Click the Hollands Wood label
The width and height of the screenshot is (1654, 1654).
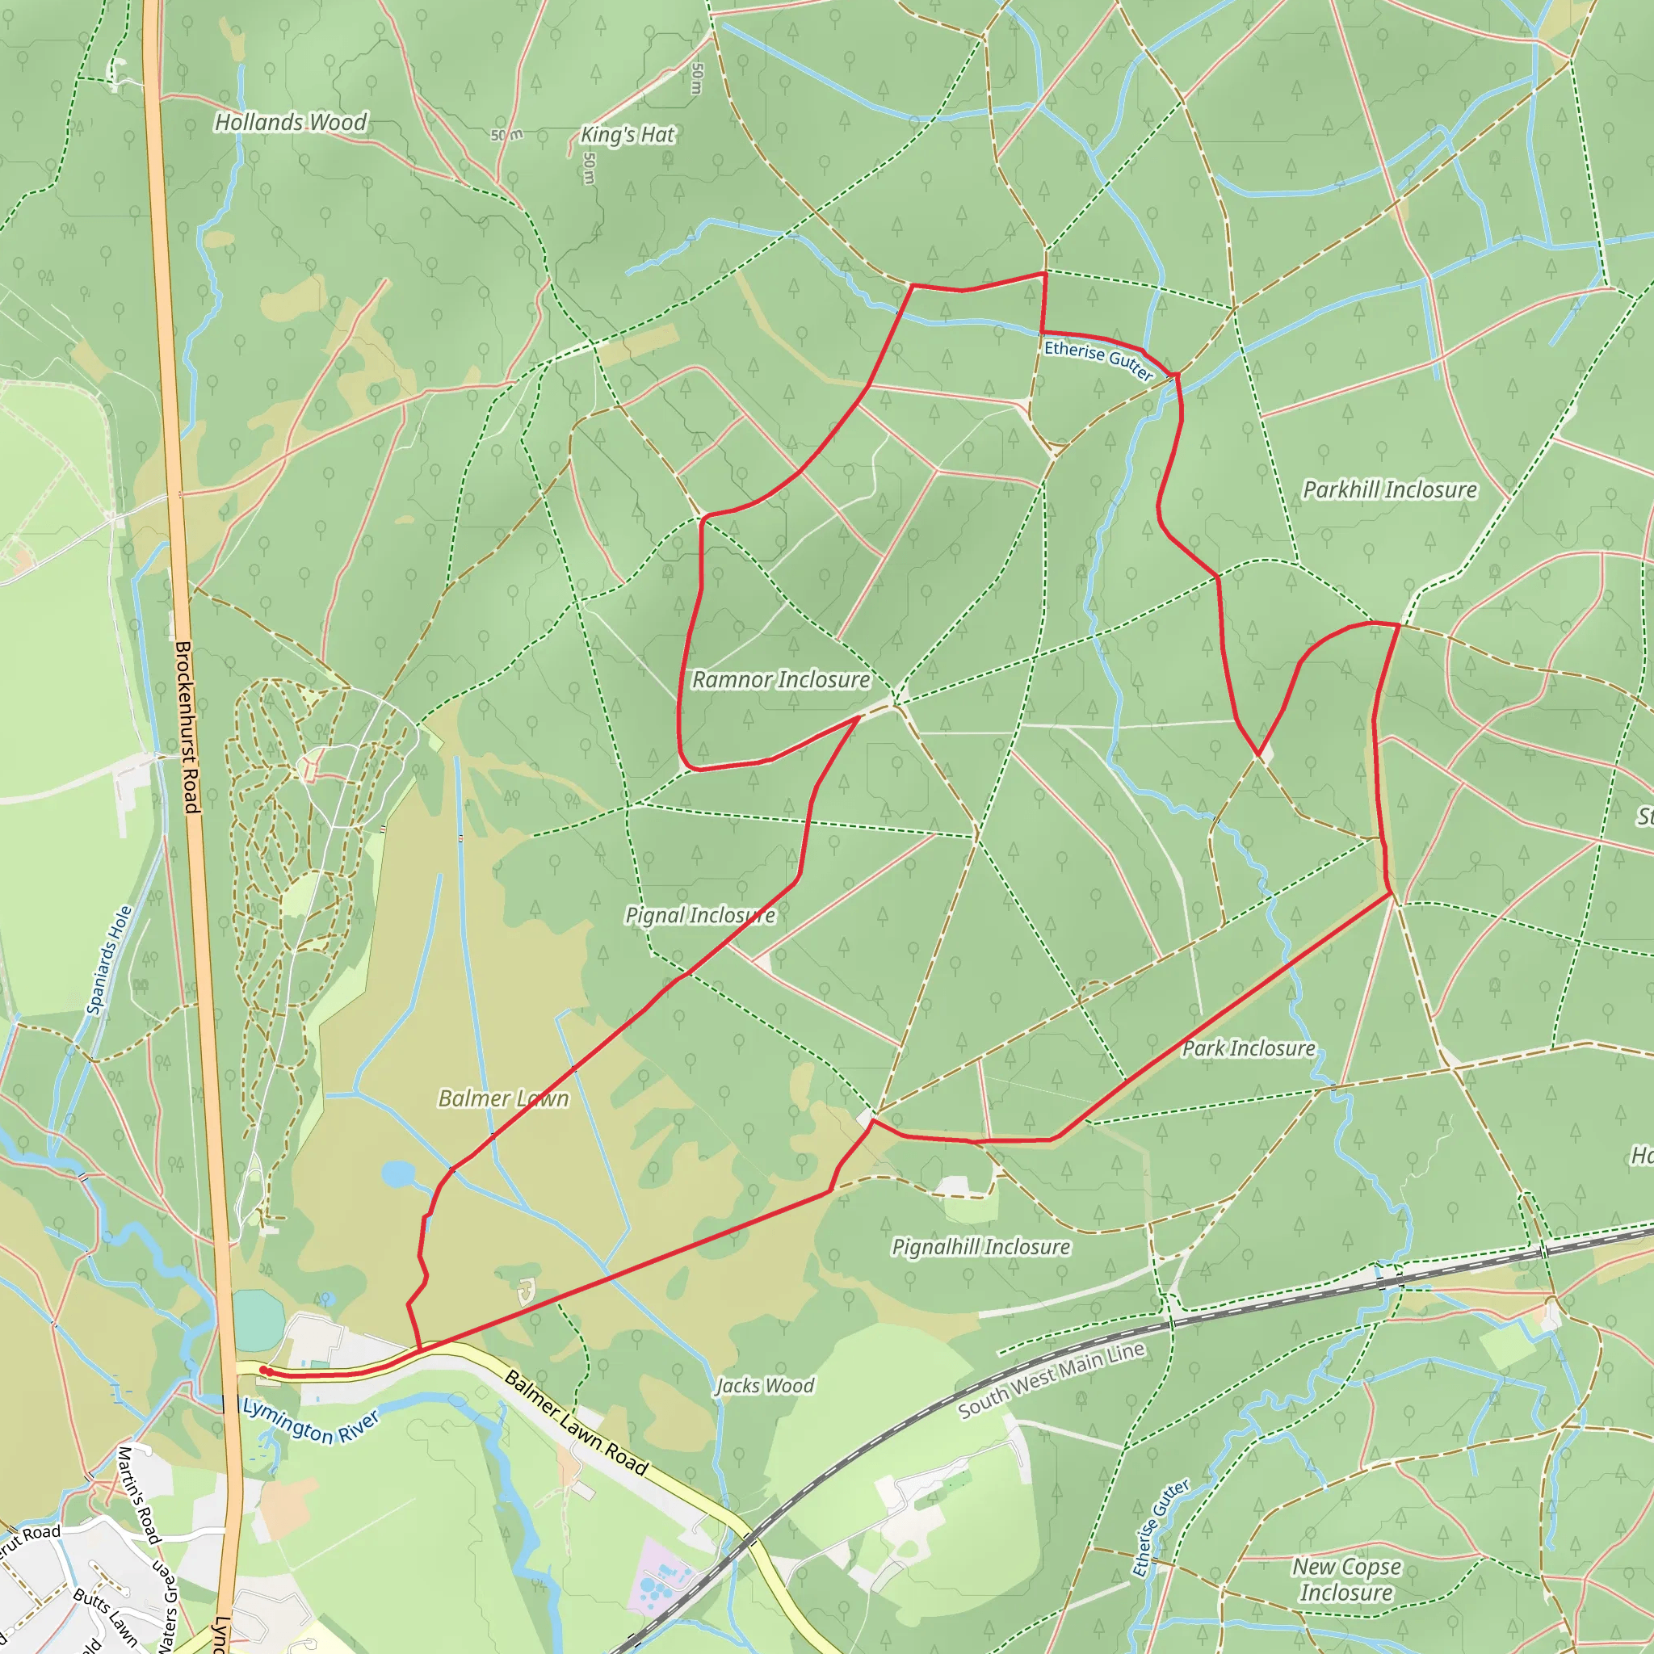[290, 123]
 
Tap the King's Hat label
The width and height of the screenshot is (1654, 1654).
[628, 134]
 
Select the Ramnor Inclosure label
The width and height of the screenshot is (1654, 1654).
[780, 680]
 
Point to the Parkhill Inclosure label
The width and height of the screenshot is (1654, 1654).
[1389, 489]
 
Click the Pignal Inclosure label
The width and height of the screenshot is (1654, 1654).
[700, 915]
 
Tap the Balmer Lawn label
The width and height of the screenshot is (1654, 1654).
[503, 1098]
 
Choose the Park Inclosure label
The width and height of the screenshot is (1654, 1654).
[1249, 1049]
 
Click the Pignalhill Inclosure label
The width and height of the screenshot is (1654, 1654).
[980, 1246]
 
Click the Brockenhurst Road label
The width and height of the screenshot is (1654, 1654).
[187, 728]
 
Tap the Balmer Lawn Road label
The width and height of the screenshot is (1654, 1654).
[576, 1422]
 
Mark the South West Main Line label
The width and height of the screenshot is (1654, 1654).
[1052, 1379]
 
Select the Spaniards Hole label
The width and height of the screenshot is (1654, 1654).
[110, 961]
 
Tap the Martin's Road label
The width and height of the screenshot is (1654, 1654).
[139, 1495]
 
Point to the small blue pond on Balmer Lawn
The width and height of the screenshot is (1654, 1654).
[397, 1173]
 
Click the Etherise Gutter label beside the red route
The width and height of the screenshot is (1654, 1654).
[1098, 359]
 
